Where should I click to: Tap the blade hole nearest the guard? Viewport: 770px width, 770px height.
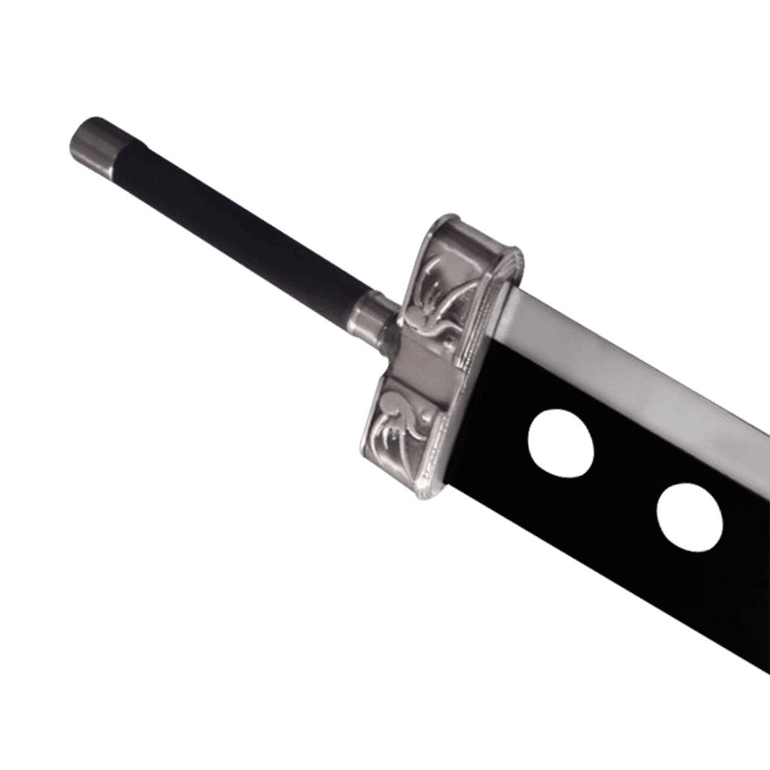(560, 443)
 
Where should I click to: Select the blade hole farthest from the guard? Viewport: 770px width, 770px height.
(690, 517)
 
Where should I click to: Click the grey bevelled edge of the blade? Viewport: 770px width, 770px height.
(639, 376)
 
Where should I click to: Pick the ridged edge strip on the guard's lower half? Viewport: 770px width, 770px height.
(440, 451)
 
